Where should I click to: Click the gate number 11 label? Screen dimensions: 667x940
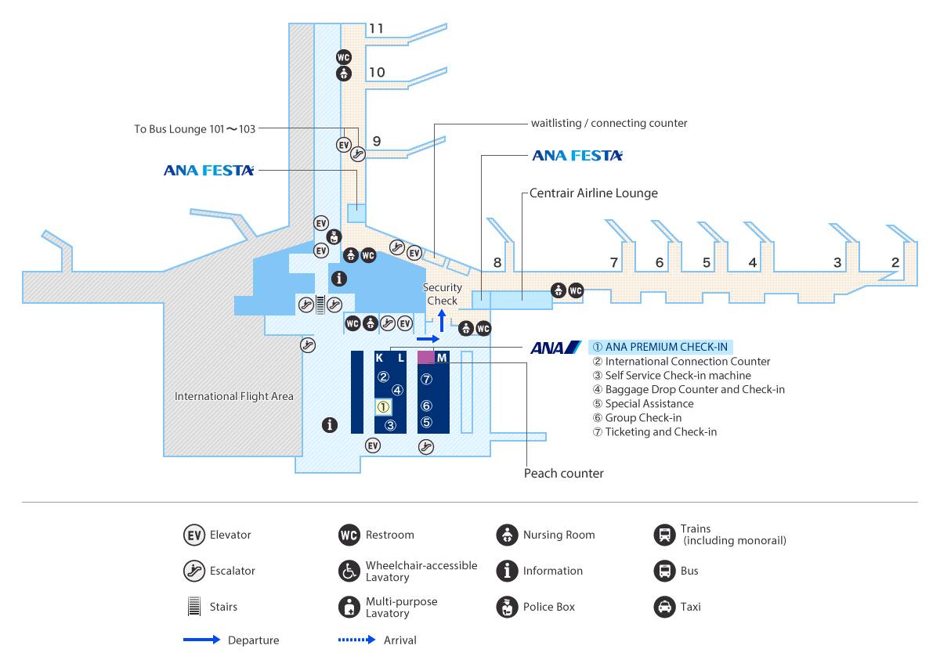[376, 29]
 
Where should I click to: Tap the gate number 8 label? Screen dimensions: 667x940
[497, 263]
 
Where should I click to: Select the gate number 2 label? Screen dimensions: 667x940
[895, 263]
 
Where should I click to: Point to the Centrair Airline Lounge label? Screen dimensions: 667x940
[593, 193]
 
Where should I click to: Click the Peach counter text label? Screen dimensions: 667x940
[563, 473]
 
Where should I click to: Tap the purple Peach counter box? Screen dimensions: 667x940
[425, 357]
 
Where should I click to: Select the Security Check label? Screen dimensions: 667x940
[442, 294]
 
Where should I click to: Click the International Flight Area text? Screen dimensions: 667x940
[233, 396]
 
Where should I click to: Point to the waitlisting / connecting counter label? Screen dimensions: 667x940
[609, 123]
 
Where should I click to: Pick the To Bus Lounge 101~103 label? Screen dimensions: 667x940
[195, 128]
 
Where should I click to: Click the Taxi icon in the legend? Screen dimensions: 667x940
[664, 607]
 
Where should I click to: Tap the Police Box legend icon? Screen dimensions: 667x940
[507, 607]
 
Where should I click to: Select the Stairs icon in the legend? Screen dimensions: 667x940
[193, 607]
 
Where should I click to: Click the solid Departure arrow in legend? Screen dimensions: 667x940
[201, 640]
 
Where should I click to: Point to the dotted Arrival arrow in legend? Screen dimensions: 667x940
[357, 640]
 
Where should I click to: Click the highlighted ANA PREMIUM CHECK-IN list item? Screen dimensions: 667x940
[661, 347]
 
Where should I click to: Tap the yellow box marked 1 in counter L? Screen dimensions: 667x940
[383, 407]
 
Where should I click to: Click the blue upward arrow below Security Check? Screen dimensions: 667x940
[442, 319]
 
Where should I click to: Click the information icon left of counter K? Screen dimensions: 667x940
[331, 425]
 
